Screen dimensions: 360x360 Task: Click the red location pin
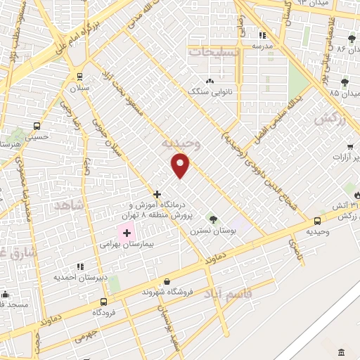[181, 165]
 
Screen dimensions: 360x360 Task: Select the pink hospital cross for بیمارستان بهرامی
[127, 233]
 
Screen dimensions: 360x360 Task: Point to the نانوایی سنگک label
[204, 92]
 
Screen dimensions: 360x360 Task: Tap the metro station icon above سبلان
[79, 77]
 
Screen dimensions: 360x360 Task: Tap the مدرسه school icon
[262, 34]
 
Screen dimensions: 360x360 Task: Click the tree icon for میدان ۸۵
[345, 83]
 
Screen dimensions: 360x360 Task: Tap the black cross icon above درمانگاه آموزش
[157, 193]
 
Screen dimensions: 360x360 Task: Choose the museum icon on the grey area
[342, 352]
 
